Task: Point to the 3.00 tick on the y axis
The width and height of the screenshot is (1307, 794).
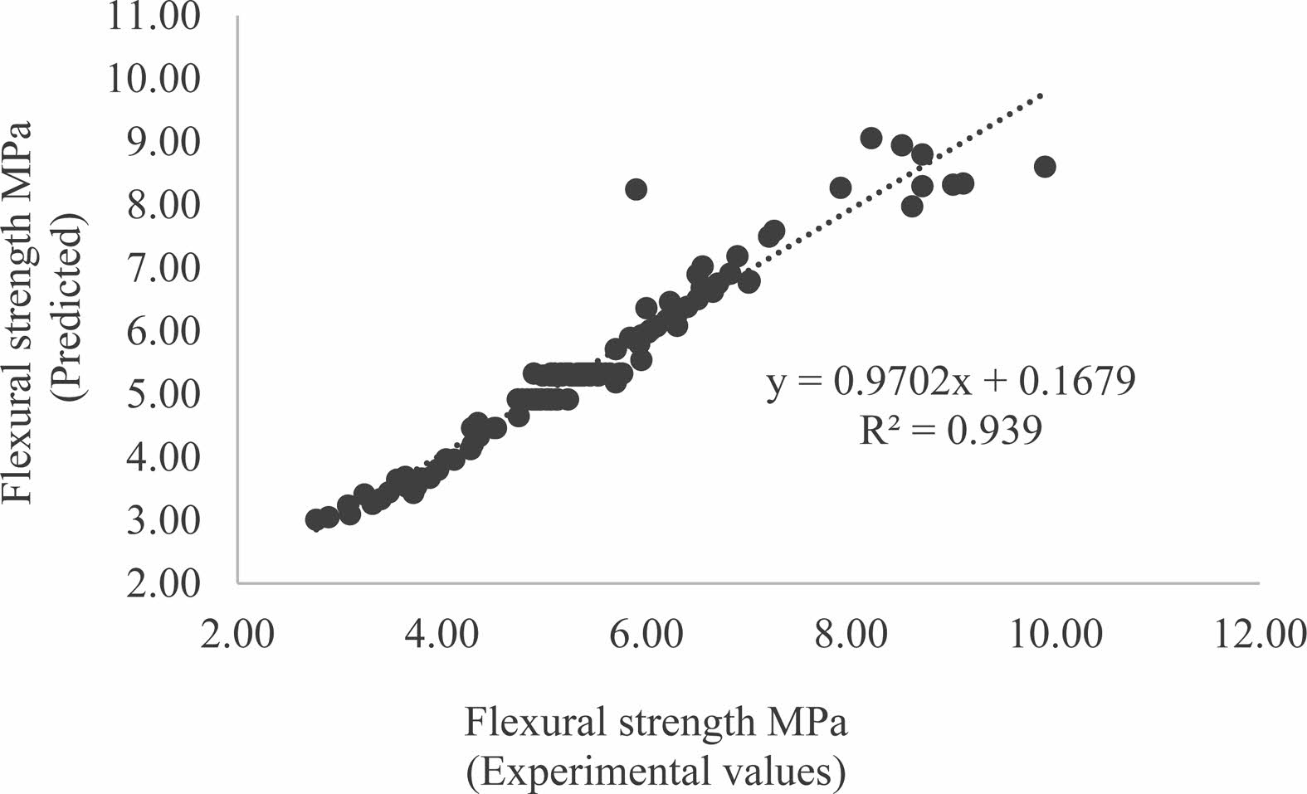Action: click(x=163, y=521)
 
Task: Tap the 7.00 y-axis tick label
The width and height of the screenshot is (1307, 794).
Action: click(x=163, y=268)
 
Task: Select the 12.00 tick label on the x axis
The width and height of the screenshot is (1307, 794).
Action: click(x=1258, y=636)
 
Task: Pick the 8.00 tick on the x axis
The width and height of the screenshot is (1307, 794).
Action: click(x=851, y=636)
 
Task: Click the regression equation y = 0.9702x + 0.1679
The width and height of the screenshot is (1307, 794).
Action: click(x=950, y=383)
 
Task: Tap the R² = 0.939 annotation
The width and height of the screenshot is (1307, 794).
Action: click(x=950, y=431)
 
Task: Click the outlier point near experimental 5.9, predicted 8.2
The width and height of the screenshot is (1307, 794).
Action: click(x=636, y=189)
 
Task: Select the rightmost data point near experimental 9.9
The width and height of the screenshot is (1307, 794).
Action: click(x=1045, y=166)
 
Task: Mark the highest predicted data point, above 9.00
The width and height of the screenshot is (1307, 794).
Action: click(x=871, y=138)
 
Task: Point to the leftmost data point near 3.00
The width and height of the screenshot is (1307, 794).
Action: click(x=315, y=519)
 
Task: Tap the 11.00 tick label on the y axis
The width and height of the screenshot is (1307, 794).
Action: click(x=153, y=17)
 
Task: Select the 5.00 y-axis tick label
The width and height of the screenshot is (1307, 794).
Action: click(x=163, y=394)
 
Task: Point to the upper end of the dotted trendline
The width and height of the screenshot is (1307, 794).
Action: click(x=1041, y=96)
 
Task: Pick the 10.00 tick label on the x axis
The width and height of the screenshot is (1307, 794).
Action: click(x=1055, y=636)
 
